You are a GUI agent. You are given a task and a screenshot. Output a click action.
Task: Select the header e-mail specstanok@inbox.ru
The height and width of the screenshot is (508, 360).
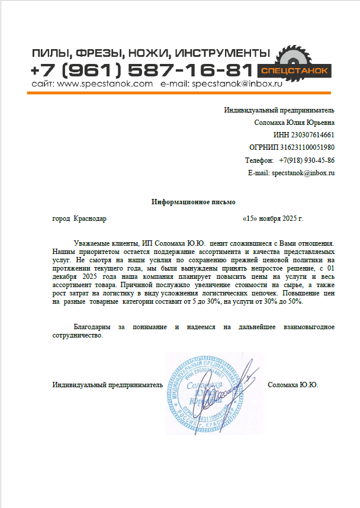[236, 84]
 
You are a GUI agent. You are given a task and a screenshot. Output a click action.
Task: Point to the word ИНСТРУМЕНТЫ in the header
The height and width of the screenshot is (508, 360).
[216, 53]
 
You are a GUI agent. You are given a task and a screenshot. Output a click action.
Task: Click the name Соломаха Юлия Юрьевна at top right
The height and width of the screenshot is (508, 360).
[294, 123]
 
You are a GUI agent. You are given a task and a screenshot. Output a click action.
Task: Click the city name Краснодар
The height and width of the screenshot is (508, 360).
[90, 218]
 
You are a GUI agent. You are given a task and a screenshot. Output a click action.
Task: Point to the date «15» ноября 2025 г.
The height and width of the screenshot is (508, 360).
[273, 218]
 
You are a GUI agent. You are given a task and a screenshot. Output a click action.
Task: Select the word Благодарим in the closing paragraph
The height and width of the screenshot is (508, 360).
[92, 327]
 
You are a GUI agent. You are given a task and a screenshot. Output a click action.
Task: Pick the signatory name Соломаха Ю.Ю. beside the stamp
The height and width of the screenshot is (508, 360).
[293, 385]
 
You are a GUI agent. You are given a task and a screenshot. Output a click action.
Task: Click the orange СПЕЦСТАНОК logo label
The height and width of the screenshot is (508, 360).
[295, 70]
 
